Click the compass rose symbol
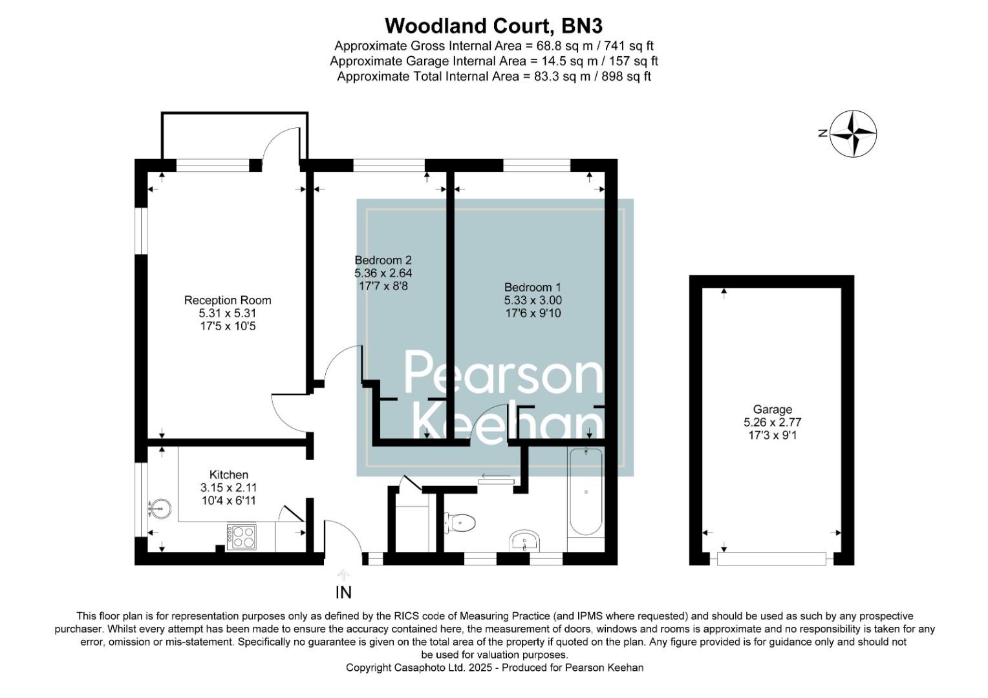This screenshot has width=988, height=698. click(853, 134)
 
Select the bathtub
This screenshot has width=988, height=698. click(586, 492)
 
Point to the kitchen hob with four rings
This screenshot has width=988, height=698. click(241, 536)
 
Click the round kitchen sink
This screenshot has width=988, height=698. click(160, 509)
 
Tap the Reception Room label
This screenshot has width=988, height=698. click(228, 300)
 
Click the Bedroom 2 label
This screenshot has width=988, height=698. click(383, 260)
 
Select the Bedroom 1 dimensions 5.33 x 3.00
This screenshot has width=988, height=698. click(533, 301)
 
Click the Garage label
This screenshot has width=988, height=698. click(772, 409)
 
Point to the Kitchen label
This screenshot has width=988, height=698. click(229, 474)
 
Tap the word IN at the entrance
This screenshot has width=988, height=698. click(343, 592)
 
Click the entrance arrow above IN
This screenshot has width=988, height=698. click(343, 575)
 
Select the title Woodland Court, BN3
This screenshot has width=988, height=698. click(493, 26)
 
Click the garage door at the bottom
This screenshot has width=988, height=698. click(771, 558)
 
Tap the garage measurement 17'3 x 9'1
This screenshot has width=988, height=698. click(772, 435)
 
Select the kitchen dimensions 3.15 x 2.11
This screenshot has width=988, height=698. click(229, 487)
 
